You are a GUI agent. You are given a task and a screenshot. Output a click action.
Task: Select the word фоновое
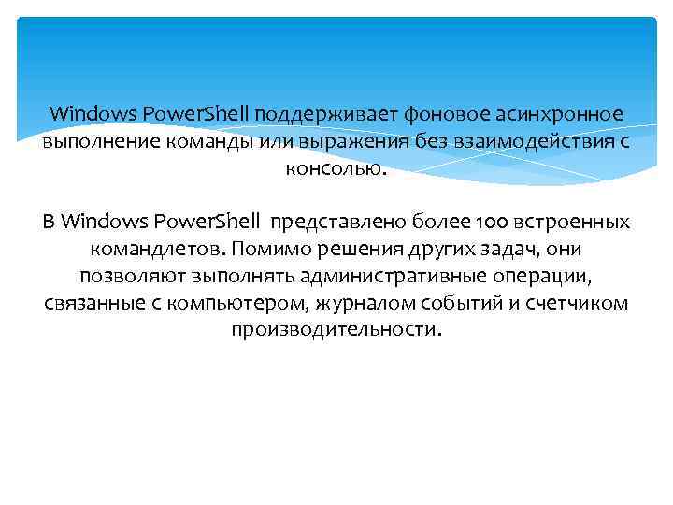coord(438,115)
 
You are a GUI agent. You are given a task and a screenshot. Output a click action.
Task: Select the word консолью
coord(334,169)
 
